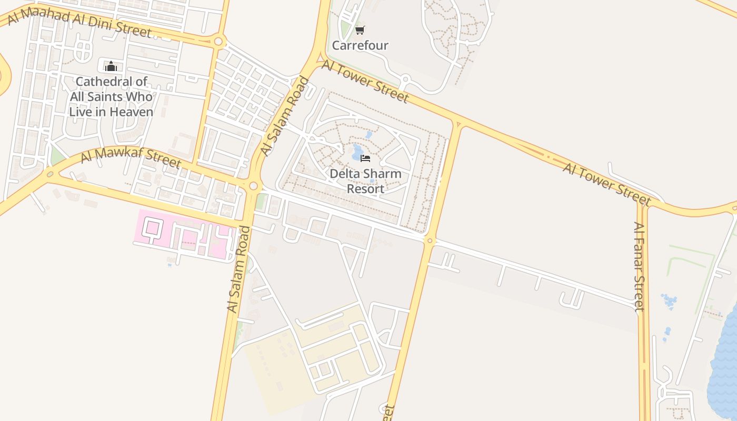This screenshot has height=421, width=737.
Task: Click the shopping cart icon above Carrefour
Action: coord(360,31)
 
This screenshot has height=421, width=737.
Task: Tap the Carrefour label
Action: coord(360,45)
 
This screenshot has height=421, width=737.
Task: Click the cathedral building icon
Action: coord(111,66)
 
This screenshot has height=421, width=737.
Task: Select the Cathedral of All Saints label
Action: coord(111,97)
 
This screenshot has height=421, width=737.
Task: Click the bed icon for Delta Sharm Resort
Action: coord(365,158)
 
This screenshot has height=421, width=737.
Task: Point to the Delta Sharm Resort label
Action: coord(365,181)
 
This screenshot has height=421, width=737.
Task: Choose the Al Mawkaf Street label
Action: coord(131,158)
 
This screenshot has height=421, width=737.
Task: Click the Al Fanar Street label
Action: coord(639,266)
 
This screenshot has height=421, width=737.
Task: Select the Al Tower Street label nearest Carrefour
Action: coord(365,82)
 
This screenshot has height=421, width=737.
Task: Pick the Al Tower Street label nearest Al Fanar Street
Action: coord(606,184)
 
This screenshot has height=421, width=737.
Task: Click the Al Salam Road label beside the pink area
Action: coord(239,269)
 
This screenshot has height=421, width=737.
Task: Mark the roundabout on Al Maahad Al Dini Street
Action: coord(218,41)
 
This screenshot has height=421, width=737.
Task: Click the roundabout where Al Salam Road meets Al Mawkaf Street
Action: coord(254,186)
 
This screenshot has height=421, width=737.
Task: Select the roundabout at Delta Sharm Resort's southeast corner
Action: coord(430,241)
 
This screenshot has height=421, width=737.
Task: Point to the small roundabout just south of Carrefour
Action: coord(404,79)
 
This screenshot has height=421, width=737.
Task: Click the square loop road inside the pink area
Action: coord(152,228)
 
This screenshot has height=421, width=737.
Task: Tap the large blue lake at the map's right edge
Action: coord(725,358)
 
